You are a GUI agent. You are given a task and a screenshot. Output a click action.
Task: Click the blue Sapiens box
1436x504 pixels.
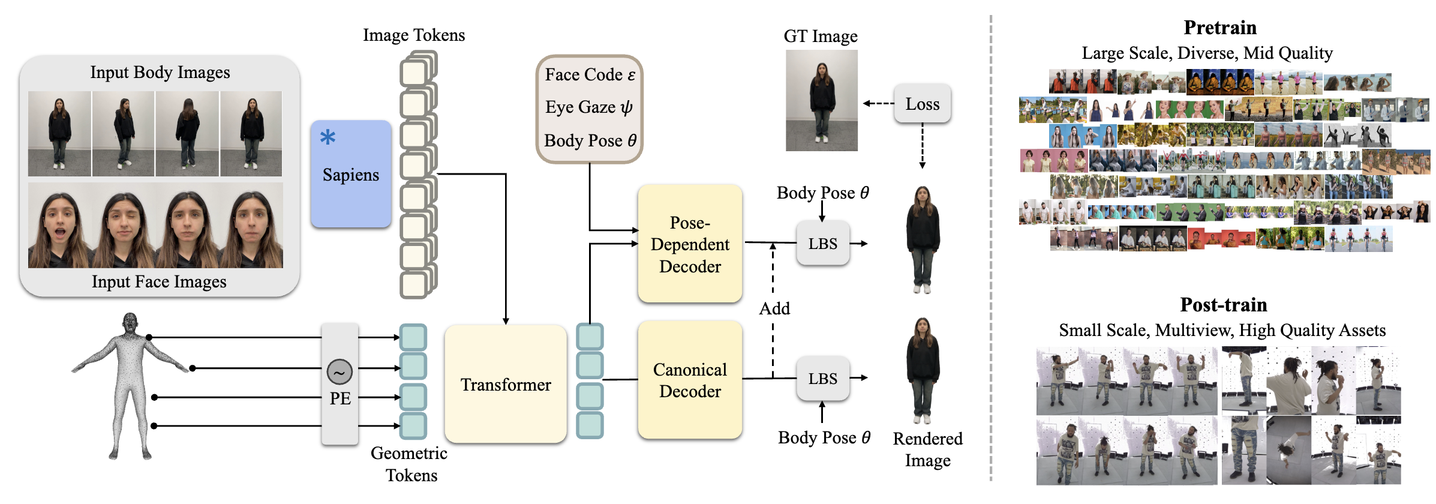point(351,174)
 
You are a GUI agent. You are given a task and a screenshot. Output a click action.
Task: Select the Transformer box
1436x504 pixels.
point(506,384)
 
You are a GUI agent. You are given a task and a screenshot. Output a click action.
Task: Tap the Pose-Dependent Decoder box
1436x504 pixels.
point(690,244)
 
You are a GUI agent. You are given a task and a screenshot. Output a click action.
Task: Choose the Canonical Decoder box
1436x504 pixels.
point(690,380)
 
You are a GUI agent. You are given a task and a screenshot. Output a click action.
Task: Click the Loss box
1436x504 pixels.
point(922,104)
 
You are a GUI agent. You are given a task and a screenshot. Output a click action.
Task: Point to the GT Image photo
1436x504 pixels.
point(821,100)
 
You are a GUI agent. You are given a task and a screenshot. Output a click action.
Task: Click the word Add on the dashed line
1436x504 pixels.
point(774,308)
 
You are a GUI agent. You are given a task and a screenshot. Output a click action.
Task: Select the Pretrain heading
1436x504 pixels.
point(1219,28)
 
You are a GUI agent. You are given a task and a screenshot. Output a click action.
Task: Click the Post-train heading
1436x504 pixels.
point(1223,305)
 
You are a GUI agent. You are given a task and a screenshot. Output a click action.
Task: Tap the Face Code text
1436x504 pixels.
point(590,74)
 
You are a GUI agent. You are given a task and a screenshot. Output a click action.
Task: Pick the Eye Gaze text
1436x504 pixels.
point(588,107)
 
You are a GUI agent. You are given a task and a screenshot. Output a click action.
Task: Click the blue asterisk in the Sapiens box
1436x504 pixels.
point(328,137)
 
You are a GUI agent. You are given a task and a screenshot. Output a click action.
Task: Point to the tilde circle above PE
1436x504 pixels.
point(340,372)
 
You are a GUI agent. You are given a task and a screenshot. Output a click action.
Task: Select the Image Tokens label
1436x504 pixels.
point(414,35)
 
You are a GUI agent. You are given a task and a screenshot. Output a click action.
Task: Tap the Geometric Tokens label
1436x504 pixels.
point(410,464)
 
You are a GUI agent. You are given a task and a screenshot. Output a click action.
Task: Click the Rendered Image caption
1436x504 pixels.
point(927,449)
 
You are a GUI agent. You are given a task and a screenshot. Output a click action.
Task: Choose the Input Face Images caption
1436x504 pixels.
point(159,281)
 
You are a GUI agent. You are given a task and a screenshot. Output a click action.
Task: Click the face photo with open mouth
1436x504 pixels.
point(60,226)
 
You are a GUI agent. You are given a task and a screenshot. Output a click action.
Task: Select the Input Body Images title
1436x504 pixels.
point(160,72)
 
